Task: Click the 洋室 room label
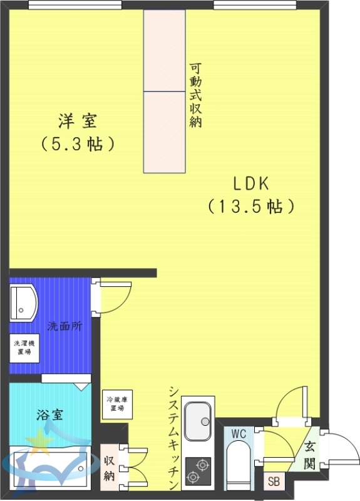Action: click(78, 120)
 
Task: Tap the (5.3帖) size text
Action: click(78, 144)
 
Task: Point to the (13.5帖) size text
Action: click(250, 206)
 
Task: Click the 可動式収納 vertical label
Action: click(195, 95)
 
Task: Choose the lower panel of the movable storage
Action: click(165, 132)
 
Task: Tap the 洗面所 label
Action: click(64, 326)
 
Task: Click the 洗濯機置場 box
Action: click(24, 348)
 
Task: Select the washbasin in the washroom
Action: click(24, 303)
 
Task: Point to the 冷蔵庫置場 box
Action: click(117, 404)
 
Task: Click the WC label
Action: click(239, 433)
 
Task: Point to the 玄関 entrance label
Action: click(309, 456)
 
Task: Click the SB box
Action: click(274, 482)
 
